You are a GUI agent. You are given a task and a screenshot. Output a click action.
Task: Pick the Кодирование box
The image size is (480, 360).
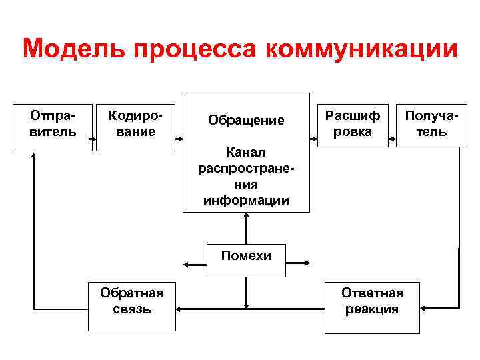pyautogui.click(x=135, y=124)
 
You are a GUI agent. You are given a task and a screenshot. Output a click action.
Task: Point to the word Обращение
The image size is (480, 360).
pyautogui.click(x=246, y=121)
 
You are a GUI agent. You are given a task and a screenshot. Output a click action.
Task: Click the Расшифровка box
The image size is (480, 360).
pyautogui.click(x=353, y=123)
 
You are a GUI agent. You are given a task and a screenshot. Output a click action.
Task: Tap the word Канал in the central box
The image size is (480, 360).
pyautogui.click(x=246, y=154)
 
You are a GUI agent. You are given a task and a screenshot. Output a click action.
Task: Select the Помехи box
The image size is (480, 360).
pyautogui.click(x=246, y=255)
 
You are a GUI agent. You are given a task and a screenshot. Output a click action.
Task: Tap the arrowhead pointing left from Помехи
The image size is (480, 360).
pyautogui.click(x=188, y=265)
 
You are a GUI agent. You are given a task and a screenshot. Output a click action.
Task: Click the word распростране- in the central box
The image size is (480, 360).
pyautogui.click(x=246, y=169)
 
